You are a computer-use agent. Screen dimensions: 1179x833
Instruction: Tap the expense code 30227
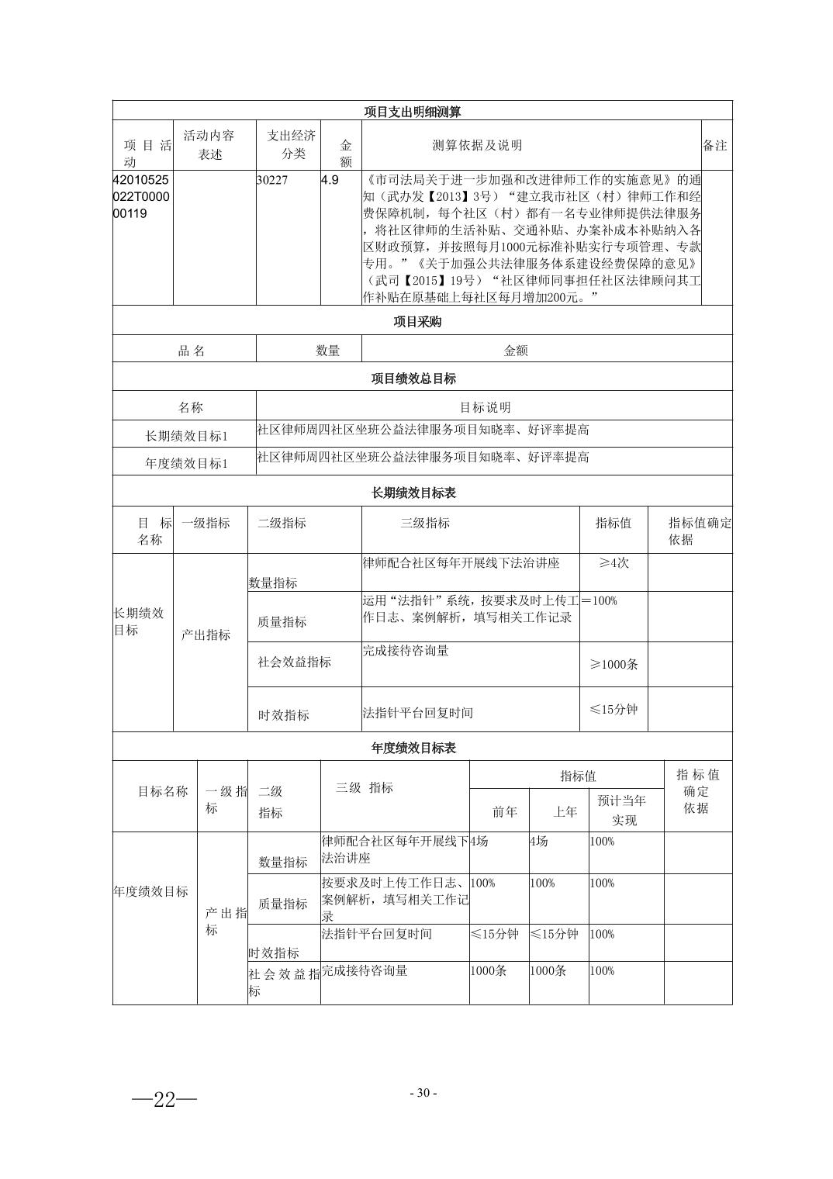coord(272,180)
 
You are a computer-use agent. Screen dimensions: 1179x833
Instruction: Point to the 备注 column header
coord(714,145)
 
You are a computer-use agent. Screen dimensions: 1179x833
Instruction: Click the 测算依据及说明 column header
coord(477,145)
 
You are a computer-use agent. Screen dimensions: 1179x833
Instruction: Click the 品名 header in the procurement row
coord(192,351)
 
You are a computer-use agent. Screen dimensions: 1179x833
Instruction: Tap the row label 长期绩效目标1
coord(187,436)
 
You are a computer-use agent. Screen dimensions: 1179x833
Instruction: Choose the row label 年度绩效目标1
coord(187,463)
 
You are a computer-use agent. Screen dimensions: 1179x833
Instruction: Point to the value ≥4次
coord(614,563)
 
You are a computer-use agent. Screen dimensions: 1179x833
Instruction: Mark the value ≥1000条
coord(614,665)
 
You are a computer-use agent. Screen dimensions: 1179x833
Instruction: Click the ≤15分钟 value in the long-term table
coord(614,709)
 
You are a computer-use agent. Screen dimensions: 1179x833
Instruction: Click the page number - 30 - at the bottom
coord(423,1093)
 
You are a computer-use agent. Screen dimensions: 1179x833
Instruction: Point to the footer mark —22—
coord(164,1099)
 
